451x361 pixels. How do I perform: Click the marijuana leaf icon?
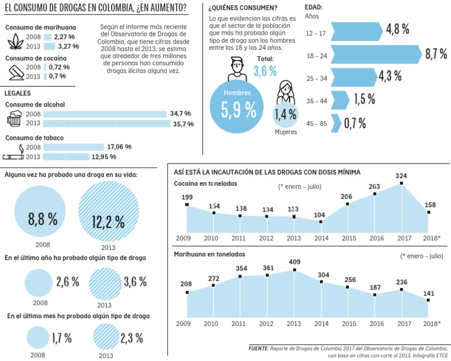pos(14,42)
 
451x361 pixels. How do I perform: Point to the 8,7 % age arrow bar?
pos(376,54)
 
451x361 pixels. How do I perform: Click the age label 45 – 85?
pos(317,123)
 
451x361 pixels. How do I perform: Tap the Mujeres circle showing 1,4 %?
pos(285,114)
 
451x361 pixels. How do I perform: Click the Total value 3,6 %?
pos(265,71)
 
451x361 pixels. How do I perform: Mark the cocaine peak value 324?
pos(402,176)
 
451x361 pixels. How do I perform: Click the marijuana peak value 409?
pos(294,262)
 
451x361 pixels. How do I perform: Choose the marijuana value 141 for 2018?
pos(429,293)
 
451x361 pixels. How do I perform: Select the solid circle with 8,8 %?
pos(42,219)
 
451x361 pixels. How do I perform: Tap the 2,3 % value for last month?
pos(131,338)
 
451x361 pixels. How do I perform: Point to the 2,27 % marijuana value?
pos(67,36)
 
